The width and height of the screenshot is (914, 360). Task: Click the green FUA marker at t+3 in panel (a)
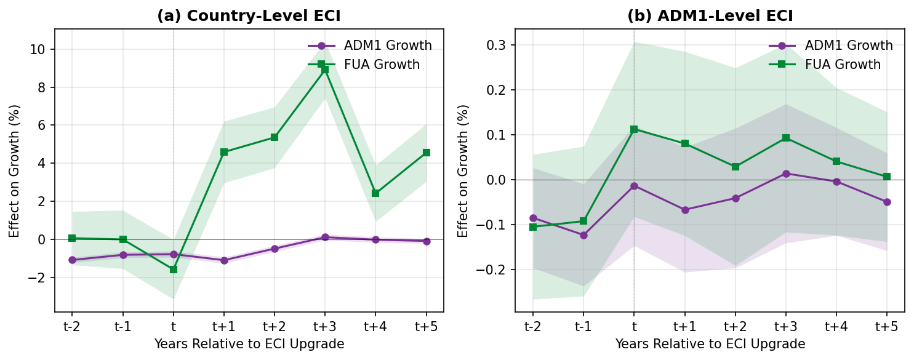coord(325,70)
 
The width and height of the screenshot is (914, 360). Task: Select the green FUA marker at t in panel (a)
coord(174,270)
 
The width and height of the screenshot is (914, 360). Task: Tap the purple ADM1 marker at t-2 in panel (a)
coord(72,260)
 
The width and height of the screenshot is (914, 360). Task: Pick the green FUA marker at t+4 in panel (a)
coord(375,193)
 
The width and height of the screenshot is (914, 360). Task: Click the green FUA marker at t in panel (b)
coord(634,129)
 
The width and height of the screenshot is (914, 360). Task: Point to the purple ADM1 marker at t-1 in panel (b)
coord(583,235)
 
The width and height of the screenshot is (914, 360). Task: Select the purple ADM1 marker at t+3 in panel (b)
coord(785,174)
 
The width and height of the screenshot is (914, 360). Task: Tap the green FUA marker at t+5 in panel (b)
coord(887,177)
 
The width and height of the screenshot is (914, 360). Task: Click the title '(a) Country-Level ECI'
coord(249,16)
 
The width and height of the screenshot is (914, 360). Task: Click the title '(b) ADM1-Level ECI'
coord(710,16)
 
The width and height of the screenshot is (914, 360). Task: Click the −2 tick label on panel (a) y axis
coord(39,278)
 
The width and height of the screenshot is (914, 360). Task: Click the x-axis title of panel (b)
coord(710,344)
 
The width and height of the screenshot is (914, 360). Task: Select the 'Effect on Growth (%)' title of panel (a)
coord(15,171)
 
